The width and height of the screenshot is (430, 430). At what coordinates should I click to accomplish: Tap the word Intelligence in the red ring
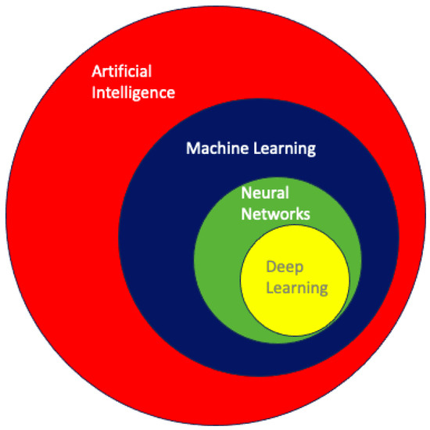131,94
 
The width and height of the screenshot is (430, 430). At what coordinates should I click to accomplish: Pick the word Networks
274,213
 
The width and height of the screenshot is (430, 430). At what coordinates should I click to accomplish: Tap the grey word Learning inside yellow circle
294,287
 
